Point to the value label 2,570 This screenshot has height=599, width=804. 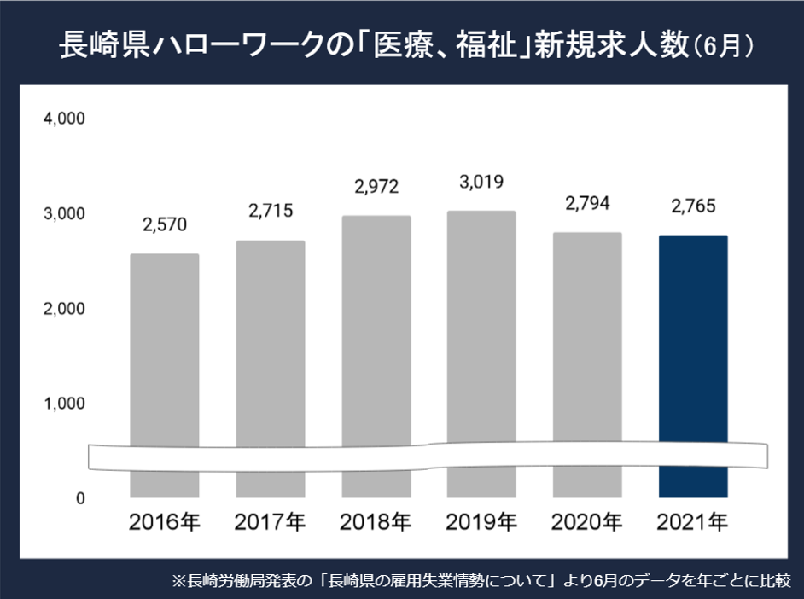[x=165, y=225]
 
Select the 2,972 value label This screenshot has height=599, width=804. [x=376, y=185]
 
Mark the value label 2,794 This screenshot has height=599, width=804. [x=587, y=204]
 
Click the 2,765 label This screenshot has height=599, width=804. [x=693, y=206]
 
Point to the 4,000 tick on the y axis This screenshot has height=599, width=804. [x=64, y=119]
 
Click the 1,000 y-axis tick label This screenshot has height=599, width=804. [x=64, y=403]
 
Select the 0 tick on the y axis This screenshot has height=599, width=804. [x=79, y=498]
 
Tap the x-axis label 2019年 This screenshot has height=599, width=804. [x=482, y=520]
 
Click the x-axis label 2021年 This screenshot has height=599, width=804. [x=693, y=520]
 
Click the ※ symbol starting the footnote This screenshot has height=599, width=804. [x=178, y=581]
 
